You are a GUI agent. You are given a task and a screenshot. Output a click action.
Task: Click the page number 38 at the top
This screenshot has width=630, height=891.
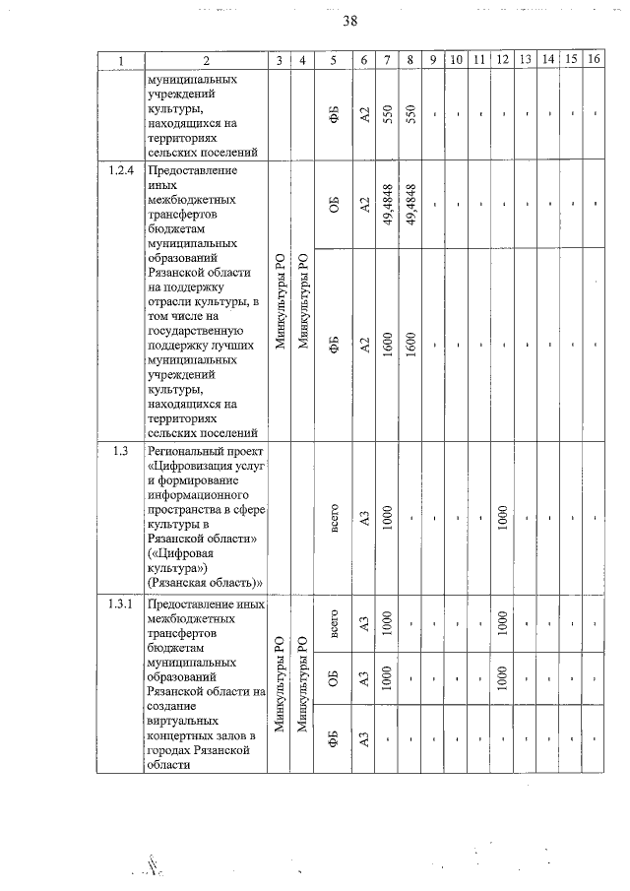coord(349,22)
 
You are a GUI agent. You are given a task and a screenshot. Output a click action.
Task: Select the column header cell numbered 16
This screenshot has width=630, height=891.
coord(593,60)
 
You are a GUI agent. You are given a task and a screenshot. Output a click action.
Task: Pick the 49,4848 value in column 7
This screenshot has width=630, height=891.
coord(390,205)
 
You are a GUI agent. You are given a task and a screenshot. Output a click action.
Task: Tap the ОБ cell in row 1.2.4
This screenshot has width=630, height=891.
coord(335,205)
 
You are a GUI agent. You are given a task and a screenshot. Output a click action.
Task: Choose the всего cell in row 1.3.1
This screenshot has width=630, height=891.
coord(335,623)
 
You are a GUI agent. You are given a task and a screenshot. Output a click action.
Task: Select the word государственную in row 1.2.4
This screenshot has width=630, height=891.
coord(196,332)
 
